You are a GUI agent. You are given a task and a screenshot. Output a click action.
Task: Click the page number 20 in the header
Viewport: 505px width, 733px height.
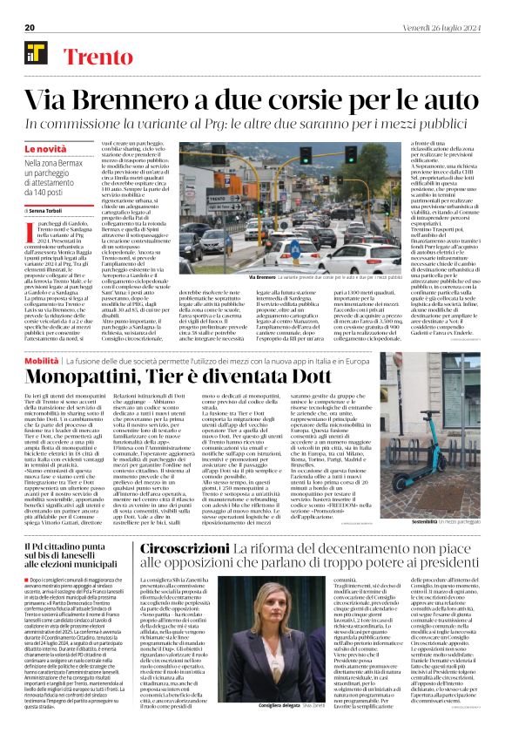click(x=29, y=27)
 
